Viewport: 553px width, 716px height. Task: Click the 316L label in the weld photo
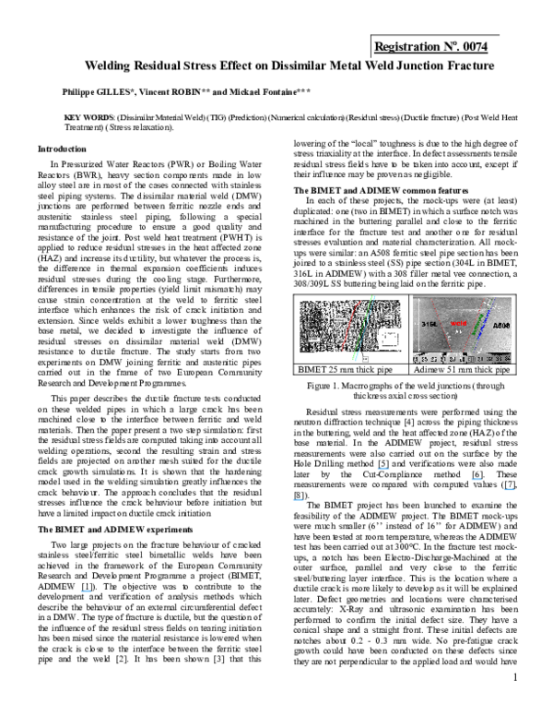click(x=429, y=324)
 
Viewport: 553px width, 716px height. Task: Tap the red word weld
click(x=459, y=324)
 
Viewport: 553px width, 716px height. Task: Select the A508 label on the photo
click(x=501, y=326)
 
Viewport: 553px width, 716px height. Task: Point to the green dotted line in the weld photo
click(x=477, y=326)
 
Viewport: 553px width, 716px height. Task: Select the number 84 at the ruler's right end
click(x=508, y=359)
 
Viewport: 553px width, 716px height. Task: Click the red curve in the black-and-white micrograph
click(x=349, y=326)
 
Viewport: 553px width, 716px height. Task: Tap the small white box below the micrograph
click(x=365, y=359)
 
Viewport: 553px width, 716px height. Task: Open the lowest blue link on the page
click(x=86, y=591)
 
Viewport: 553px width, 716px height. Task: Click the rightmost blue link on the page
click(x=509, y=489)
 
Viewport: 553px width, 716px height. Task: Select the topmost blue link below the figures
click(x=383, y=469)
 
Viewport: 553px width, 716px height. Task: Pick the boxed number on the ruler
click(x=472, y=359)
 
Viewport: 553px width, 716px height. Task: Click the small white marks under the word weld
click(x=458, y=332)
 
